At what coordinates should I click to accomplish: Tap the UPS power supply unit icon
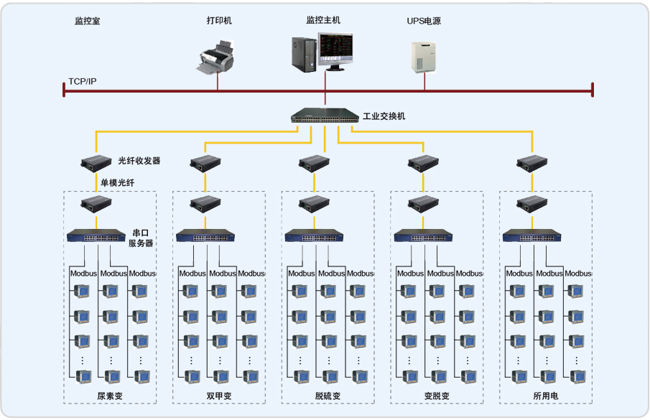423,55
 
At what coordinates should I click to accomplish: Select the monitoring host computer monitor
337,50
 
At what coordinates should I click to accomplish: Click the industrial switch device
325,116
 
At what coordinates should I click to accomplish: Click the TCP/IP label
83,81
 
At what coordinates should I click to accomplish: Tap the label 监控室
87,22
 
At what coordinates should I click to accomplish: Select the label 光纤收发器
139,161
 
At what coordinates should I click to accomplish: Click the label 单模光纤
117,182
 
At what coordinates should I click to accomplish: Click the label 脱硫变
328,396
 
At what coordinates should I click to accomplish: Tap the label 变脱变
437,396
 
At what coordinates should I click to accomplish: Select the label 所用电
545,396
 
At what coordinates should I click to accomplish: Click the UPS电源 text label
424,22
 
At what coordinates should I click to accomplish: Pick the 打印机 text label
219,21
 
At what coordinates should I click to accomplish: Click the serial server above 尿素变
96,235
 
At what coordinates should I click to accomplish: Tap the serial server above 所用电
531,235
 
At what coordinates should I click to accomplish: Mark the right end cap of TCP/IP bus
593,89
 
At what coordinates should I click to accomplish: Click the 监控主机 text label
324,20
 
